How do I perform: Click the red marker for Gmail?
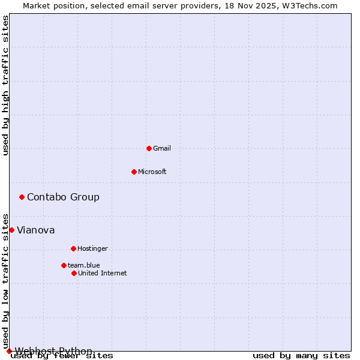pyautogui.click(x=149, y=148)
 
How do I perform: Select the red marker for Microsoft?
pyautogui.click(x=134, y=172)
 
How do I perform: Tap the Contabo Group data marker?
pyautogui.click(x=22, y=197)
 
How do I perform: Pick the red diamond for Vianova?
pyautogui.click(x=11, y=230)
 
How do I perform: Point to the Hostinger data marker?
pyautogui.click(x=73, y=248)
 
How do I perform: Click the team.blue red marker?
pyautogui.click(x=64, y=265)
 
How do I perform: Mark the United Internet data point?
pyautogui.click(x=74, y=273)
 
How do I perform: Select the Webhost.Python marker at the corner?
pyautogui.click(x=9, y=351)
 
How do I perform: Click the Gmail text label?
pyautogui.click(x=162, y=148)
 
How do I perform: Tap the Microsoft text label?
pyautogui.click(x=152, y=172)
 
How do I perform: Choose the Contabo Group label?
pyautogui.click(x=63, y=197)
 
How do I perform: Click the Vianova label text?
pyautogui.click(x=35, y=230)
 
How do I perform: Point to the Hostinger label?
pyautogui.click(x=92, y=248)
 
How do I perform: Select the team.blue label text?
pyautogui.click(x=83, y=265)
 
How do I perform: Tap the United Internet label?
pyautogui.click(x=102, y=273)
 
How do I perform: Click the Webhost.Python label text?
pyautogui.click(x=53, y=351)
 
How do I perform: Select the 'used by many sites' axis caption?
pyautogui.click(x=301, y=356)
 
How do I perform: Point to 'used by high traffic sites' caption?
pyautogui.click(x=6, y=85)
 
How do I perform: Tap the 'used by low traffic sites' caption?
pyautogui.click(x=6, y=281)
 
